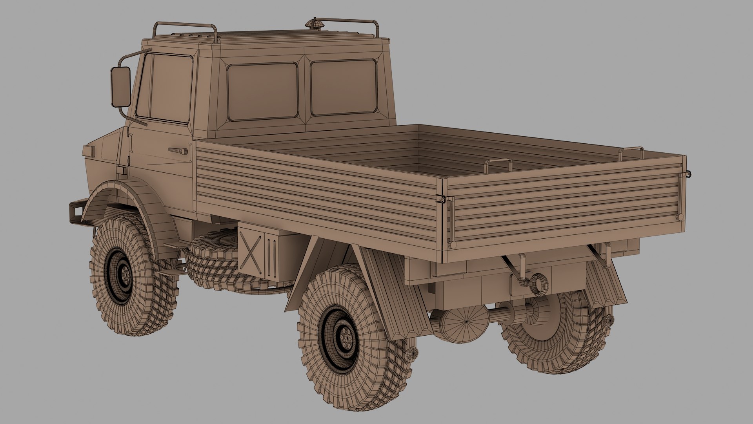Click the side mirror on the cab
(x=120, y=86)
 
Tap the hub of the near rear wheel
(x=346, y=336)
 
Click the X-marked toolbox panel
(x=251, y=251)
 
